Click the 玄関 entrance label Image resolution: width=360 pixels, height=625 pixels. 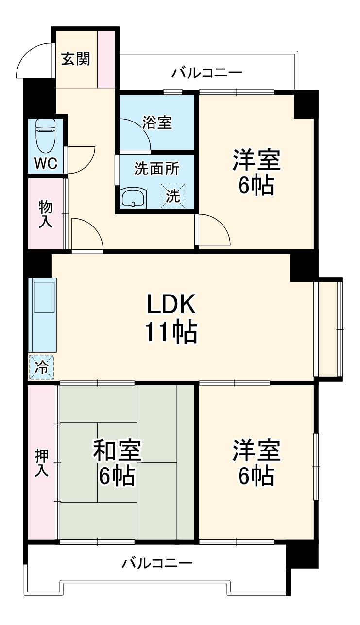(76, 59)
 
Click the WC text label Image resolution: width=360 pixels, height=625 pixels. (46, 163)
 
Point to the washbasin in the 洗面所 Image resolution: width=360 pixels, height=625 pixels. (134, 197)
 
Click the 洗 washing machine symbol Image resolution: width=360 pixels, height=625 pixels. (173, 195)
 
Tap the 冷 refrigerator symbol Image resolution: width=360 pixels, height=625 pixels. (41, 366)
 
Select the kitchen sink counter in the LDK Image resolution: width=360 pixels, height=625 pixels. (42, 315)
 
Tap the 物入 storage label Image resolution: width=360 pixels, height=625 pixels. (45, 214)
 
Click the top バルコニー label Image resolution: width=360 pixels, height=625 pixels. (206, 73)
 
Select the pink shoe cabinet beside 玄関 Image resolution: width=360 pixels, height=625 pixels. (106, 59)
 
